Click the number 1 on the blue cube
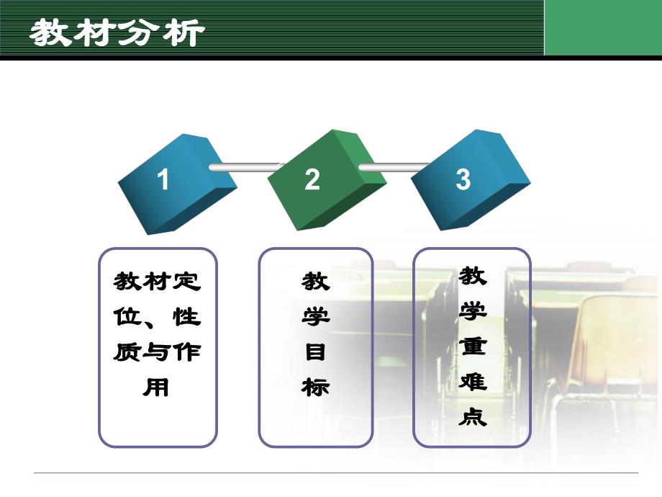(163, 179)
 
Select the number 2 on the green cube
(312, 179)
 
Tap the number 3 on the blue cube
(463, 179)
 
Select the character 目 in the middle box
(315, 352)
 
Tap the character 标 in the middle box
(315, 388)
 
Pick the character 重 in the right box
(473, 346)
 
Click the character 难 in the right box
(473, 382)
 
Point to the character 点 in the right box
(473, 416)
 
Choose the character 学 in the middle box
(315, 317)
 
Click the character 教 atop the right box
(473, 276)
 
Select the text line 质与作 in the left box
(157, 353)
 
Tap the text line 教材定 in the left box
(157, 282)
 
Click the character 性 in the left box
(186, 318)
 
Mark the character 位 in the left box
(127, 318)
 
